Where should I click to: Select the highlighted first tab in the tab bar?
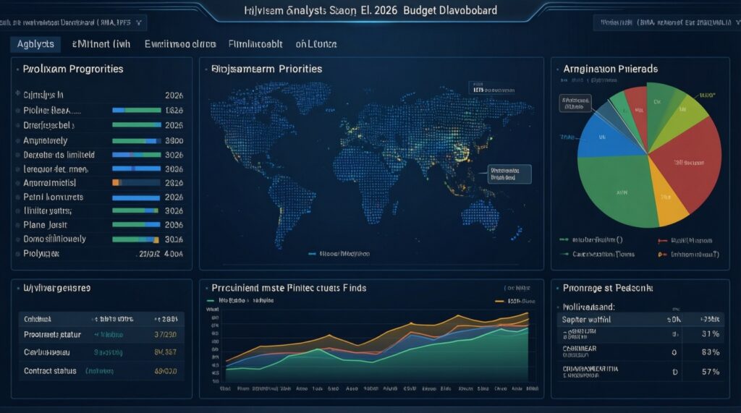(x=35, y=44)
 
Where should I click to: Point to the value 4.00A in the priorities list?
(x=174, y=255)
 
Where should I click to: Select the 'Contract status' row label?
(x=50, y=370)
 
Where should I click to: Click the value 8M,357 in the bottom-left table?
(x=166, y=352)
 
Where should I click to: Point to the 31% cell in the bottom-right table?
(x=711, y=333)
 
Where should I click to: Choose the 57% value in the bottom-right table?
(x=711, y=372)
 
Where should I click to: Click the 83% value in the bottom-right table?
(x=711, y=352)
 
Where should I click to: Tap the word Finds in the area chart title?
(x=355, y=288)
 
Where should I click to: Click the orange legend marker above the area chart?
(x=499, y=300)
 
